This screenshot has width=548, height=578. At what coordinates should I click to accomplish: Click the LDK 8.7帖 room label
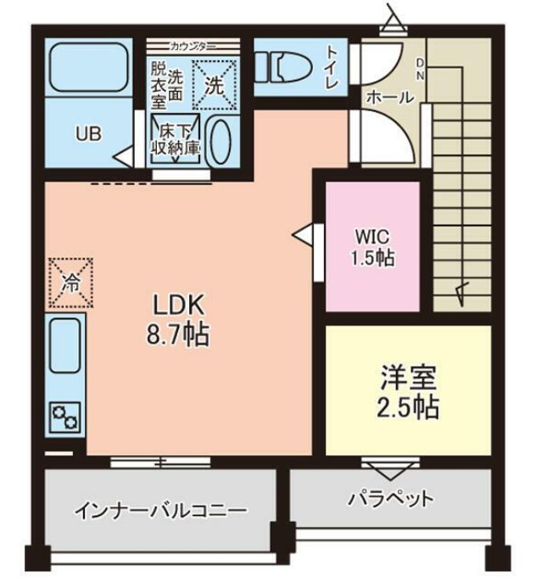[179, 318]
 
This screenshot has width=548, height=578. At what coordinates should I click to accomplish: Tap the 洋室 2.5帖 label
[407, 393]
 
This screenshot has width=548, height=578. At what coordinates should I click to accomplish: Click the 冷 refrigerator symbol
[69, 282]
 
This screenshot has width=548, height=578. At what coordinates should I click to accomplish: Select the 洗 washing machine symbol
[215, 83]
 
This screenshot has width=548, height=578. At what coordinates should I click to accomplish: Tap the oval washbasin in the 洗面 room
[221, 142]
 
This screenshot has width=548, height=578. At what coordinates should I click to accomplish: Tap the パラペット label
[391, 498]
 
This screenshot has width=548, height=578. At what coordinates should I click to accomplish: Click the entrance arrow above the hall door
[391, 19]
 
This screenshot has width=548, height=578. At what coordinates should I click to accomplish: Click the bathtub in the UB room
[87, 67]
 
